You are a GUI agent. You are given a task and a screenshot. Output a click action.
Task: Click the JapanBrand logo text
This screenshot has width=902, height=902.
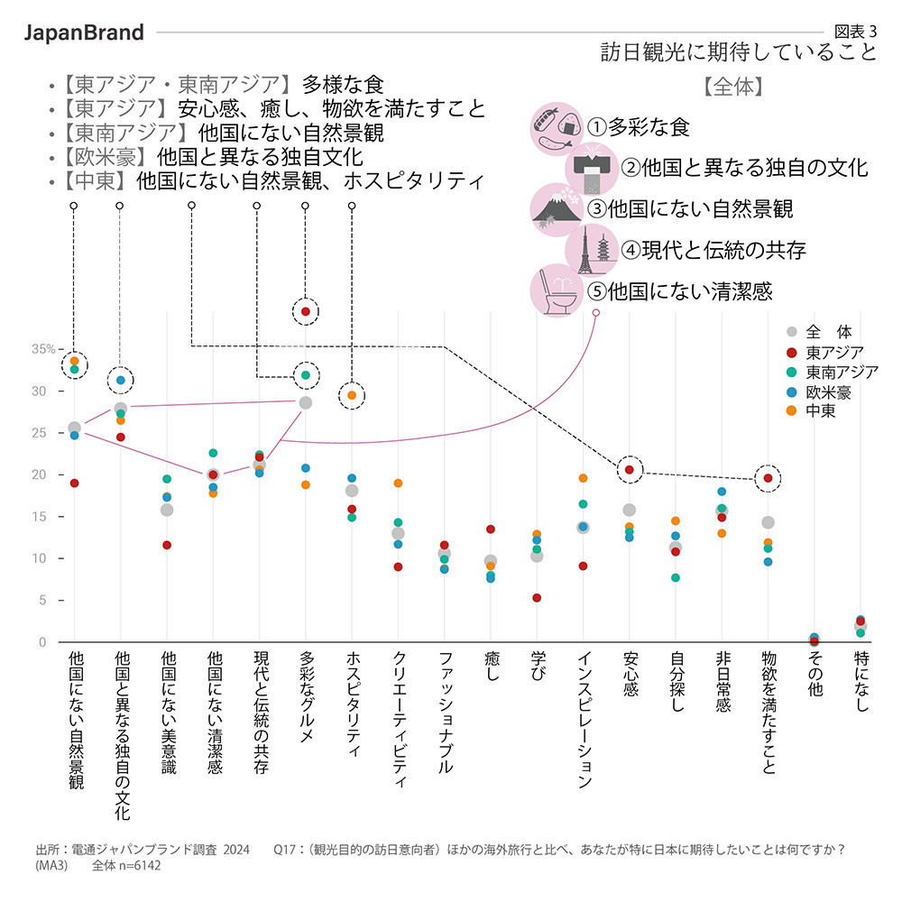83,32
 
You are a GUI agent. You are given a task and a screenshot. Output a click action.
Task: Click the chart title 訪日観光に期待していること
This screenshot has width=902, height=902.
739,52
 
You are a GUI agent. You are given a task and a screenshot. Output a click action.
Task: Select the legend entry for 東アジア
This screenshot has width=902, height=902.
834,352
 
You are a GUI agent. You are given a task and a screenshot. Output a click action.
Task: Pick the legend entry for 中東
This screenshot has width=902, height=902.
820,411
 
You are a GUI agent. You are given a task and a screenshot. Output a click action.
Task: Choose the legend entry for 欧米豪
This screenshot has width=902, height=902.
827,391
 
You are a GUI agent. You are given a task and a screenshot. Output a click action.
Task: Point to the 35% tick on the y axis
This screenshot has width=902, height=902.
44,349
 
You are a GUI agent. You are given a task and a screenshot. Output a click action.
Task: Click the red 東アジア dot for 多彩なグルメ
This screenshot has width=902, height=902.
306,311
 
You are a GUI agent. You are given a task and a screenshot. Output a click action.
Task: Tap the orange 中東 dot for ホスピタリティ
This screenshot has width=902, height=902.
352,395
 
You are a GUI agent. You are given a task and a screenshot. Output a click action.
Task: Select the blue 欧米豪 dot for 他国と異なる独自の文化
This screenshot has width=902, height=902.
120,381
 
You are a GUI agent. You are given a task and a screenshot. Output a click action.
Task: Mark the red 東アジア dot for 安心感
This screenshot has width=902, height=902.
630,469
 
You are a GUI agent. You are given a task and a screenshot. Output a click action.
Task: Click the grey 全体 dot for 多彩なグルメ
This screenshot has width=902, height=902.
306,402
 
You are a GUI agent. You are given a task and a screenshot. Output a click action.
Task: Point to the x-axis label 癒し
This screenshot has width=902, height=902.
491,673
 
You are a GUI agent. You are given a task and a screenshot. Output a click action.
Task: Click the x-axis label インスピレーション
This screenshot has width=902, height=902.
584,722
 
